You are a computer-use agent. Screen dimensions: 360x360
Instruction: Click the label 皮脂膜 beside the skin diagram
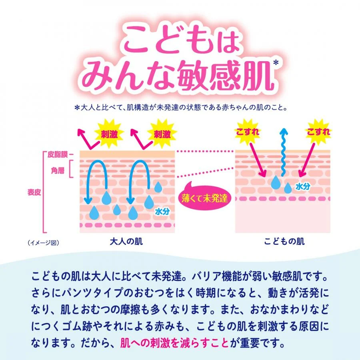[58, 154]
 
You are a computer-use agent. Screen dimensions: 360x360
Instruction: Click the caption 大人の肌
[126, 242]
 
